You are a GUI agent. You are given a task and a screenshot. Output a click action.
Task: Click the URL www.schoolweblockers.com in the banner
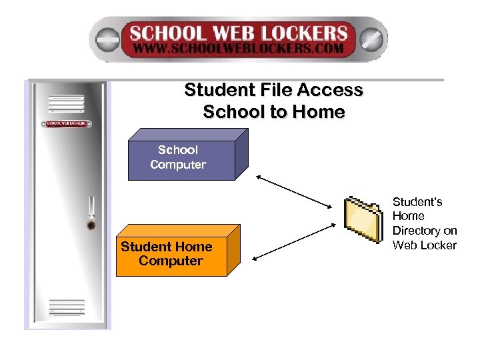[238, 49]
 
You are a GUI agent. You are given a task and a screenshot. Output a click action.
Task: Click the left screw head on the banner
[106, 39]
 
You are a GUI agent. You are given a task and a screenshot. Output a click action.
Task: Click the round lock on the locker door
[91, 225]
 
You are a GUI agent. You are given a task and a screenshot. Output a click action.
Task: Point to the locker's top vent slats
[67, 104]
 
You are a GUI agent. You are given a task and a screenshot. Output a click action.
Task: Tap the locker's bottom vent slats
[67, 307]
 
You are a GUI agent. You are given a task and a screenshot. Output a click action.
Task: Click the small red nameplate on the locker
[67, 123]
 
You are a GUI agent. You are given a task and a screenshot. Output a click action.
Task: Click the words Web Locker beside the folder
[425, 245]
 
